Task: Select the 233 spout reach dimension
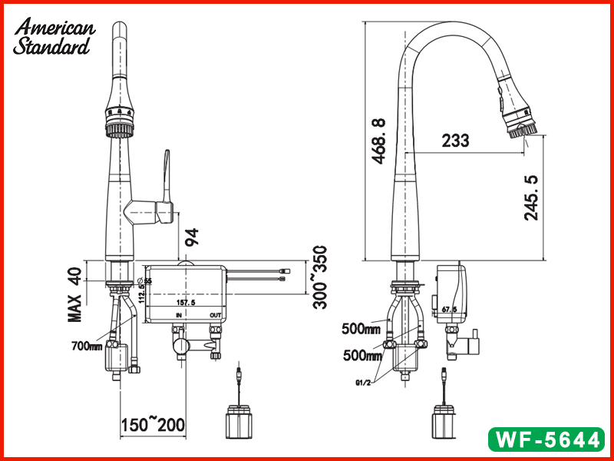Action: [455, 141]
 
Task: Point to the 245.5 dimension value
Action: [531, 197]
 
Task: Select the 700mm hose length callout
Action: [87, 347]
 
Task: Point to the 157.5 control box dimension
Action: [187, 303]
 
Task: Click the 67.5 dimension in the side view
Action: [449, 310]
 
